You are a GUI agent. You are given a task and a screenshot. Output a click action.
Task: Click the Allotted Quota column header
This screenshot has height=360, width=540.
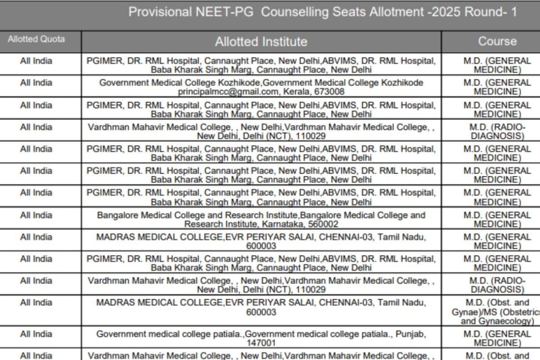pyautogui.click(x=36, y=39)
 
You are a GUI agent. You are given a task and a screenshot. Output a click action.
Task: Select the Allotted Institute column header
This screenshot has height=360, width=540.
pyautogui.click(x=261, y=42)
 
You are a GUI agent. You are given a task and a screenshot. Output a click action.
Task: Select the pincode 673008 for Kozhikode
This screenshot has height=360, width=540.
pyautogui.click(x=330, y=92)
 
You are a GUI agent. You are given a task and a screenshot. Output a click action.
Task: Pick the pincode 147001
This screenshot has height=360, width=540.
pyautogui.click(x=261, y=343)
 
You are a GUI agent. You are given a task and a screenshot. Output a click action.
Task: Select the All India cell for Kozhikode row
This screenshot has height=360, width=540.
pyautogui.click(x=36, y=83)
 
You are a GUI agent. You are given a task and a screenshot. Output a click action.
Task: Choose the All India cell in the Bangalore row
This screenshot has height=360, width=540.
pyautogui.click(x=36, y=215)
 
